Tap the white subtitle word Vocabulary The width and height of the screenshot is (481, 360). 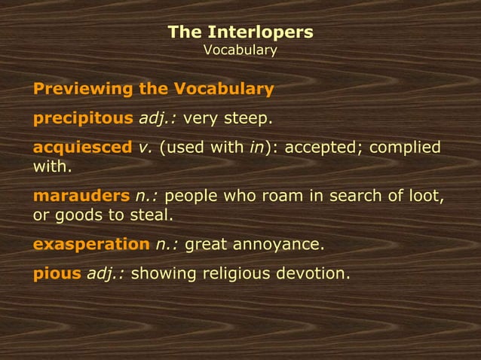pos(240,50)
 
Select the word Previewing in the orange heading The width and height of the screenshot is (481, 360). pos(81,90)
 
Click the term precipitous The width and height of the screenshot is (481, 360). pos(83,119)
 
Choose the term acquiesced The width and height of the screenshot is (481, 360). pos(82,148)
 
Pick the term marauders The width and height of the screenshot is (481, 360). pos(81,197)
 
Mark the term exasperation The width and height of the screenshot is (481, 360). pos(91,244)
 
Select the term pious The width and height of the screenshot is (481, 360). pos(57,273)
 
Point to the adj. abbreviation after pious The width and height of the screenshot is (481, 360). pos(106,273)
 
